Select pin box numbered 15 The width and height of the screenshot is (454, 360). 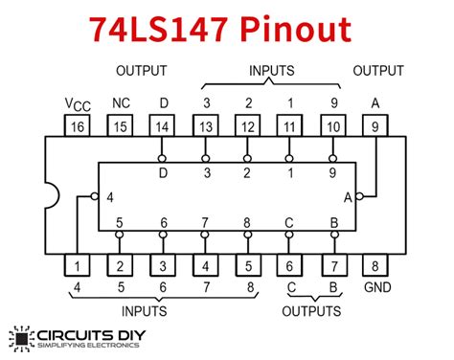pyautogui.click(x=121, y=125)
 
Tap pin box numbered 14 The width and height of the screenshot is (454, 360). pyautogui.click(x=163, y=125)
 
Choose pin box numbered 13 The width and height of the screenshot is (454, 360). pyautogui.click(x=205, y=125)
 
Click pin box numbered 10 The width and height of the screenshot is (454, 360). pyautogui.click(x=332, y=125)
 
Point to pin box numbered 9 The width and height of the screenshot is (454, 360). pyautogui.click(x=375, y=125)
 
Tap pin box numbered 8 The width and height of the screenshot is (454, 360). pyautogui.click(x=375, y=265)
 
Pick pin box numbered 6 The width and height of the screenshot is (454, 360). pyautogui.click(x=290, y=265)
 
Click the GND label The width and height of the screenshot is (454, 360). pyautogui.click(x=375, y=287)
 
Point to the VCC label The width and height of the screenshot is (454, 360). pyautogui.click(x=78, y=101)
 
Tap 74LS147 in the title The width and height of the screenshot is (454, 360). pyautogui.click(x=158, y=29)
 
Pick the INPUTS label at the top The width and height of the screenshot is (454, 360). pyautogui.click(x=270, y=71)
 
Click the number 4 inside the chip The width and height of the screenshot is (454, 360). pyautogui.click(x=111, y=196)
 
